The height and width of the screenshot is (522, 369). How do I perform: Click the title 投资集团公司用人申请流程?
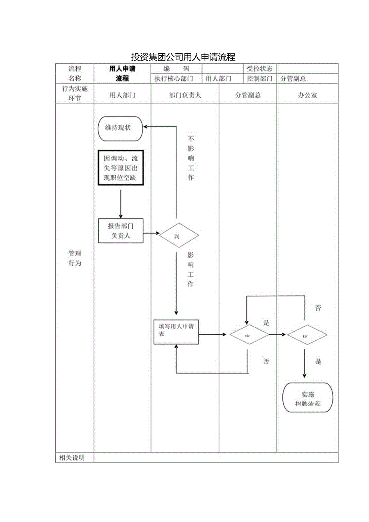tap(183, 57)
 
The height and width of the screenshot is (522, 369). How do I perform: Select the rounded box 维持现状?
tap(120, 128)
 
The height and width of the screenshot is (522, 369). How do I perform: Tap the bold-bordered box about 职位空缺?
tap(120, 168)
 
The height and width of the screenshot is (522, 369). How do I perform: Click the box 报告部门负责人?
tap(121, 231)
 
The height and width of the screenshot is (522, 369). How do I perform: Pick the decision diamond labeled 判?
tap(179, 235)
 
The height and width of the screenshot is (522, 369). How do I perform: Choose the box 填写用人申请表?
tap(176, 331)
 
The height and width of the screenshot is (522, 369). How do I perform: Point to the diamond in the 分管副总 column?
tap(249, 335)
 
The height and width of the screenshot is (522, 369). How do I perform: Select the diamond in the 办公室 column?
tap(306, 335)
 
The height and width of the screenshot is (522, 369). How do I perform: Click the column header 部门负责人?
tap(185, 95)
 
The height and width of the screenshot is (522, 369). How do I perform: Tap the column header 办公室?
tap(307, 95)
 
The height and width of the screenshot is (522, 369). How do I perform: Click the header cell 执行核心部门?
tap(174, 79)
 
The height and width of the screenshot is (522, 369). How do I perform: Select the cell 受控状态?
tap(260, 69)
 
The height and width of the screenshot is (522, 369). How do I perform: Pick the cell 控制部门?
tap(260, 79)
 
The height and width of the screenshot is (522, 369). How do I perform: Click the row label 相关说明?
tap(72, 458)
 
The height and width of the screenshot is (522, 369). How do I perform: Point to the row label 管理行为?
tap(75, 258)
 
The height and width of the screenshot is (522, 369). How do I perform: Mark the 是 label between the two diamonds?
tap(266, 323)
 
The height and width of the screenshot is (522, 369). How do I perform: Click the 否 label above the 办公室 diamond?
tap(318, 308)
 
